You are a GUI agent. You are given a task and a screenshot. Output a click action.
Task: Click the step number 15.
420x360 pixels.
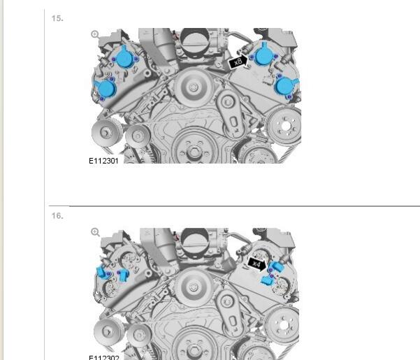tap(57, 18)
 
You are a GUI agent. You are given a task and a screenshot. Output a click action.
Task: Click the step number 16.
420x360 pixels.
tap(57, 215)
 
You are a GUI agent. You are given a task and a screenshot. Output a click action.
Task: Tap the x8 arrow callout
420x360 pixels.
tap(239, 62)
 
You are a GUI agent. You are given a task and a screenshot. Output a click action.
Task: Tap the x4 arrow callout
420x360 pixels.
tap(257, 264)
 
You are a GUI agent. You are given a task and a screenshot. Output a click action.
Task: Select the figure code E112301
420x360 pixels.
tap(103, 161)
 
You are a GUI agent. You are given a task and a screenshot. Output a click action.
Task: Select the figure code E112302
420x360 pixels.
tap(103, 357)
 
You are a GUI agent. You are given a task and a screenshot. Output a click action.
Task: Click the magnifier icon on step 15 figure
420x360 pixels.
tap(95, 34)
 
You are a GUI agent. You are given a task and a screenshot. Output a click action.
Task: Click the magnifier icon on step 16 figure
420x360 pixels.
tap(95, 232)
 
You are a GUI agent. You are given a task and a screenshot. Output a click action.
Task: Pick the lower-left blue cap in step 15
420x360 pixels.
tap(106, 88)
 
